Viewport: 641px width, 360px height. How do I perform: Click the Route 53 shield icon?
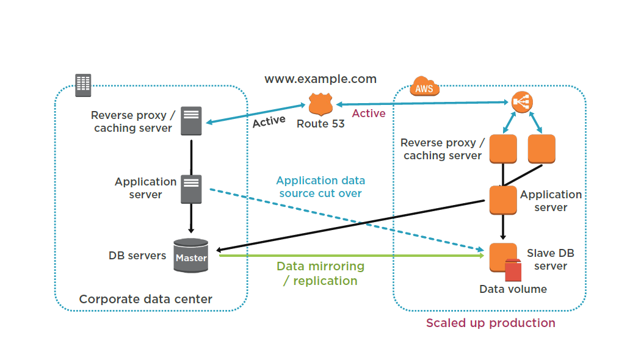click(x=320, y=104)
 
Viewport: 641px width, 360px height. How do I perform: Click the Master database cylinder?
click(x=190, y=256)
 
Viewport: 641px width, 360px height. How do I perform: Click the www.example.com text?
click(x=320, y=79)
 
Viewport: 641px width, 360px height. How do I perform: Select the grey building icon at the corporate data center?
click(x=83, y=85)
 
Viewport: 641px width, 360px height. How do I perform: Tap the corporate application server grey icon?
click(x=191, y=189)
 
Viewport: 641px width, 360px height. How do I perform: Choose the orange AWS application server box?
click(x=503, y=200)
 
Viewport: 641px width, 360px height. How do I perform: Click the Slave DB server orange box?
click(x=502, y=255)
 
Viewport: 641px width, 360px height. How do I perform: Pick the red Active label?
click(x=369, y=113)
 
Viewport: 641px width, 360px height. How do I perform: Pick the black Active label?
click(x=269, y=121)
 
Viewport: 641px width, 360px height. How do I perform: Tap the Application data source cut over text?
click(x=320, y=187)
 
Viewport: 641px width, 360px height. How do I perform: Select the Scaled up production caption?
click(x=491, y=323)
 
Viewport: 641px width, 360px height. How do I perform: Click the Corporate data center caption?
click(x=146, y=299)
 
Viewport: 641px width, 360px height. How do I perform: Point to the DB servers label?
click(x=137, y=256)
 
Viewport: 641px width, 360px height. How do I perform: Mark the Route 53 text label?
click(x=320, y=124)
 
